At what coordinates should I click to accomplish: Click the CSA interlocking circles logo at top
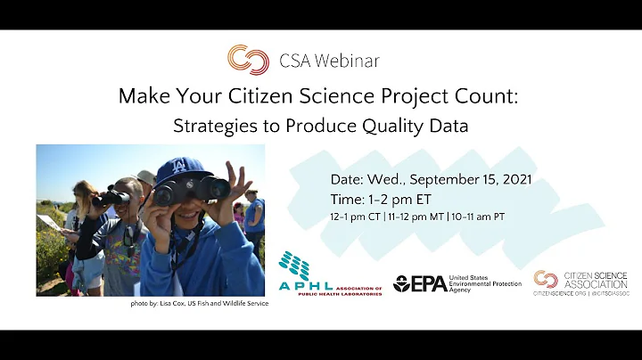tap(248, 60)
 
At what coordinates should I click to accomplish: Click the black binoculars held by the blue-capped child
tap(193, 188)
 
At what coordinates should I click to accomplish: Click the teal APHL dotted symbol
tap(295, 265)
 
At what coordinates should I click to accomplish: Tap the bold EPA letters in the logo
tap(428, 283)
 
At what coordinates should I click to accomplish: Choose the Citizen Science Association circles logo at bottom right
tap(545, 279)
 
